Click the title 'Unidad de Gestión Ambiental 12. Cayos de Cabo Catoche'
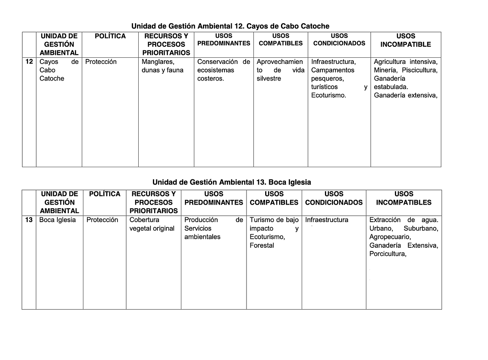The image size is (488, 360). point(230,26)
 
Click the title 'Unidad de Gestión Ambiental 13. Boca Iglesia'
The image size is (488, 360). point(231,182)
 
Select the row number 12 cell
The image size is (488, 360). point(29,62)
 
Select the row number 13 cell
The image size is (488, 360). point(29,220)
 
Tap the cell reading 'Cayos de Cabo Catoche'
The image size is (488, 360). point(59,70)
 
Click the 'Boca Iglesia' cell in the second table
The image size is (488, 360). point(57,220)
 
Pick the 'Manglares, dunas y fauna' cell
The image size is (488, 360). point(162,66)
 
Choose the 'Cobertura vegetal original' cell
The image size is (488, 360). point(152,224)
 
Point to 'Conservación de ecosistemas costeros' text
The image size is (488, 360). point(223,70)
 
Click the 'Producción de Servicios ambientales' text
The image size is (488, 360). point(213,228)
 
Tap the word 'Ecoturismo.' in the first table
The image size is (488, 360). point(329,96)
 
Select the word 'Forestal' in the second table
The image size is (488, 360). point(261,246)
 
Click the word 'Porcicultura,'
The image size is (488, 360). point(388,254)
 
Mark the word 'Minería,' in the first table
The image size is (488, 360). point(385,70)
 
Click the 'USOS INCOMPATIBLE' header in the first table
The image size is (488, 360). point(405,40)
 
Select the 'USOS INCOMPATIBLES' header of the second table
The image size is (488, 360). point(403,198)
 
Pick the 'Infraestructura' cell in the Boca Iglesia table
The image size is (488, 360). point(327,220)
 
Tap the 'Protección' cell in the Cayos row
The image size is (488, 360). point(101,62)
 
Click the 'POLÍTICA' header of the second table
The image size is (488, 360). point(105,194)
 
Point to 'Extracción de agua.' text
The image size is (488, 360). point(403,220)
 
